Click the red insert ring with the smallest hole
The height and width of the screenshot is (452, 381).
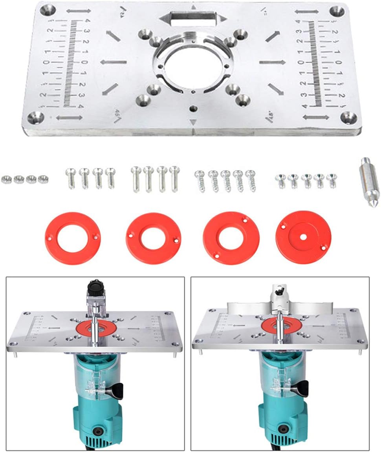coord(303,238)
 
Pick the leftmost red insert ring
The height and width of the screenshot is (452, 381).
coord(73,238)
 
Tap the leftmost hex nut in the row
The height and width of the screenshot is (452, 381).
coord(6,179)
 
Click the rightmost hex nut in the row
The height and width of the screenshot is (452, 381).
coord(42,179)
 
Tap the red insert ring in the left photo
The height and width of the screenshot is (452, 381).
coord(95,328)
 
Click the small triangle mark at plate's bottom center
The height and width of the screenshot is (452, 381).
coord(192,122)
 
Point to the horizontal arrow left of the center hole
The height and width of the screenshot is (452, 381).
coord(114,62)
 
